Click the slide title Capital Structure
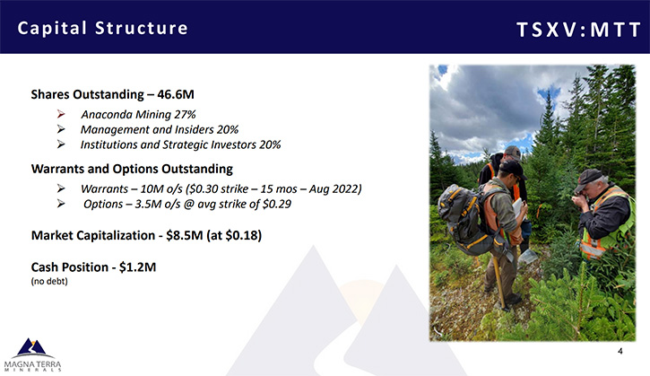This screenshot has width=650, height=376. tap(103, 28)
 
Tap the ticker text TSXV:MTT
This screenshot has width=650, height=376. tap(578, 30)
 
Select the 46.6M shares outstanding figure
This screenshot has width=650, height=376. tap(176, 94)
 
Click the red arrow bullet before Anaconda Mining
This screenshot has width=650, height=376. tap(61, 114)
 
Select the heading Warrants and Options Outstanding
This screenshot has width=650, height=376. tap(132, 169)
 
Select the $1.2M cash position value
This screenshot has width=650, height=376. tap(138, 267)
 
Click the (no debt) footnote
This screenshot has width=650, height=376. tap(49, 282)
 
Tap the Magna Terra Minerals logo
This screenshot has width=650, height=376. tap(32, 354)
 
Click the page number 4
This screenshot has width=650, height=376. tap(620, 351)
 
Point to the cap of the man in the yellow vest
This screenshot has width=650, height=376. tap(589, 178)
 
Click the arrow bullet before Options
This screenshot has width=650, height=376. tap(61, 204)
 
